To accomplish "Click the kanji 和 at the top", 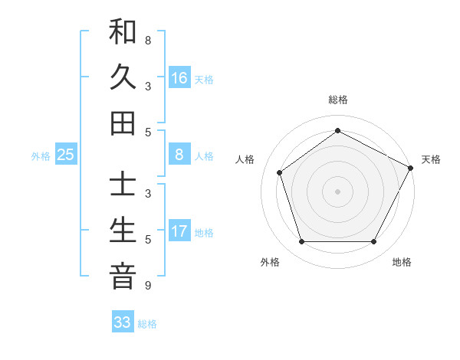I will [x=123, y=32].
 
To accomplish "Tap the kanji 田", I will [x=123, y=122].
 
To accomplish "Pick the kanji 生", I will [x=123, y=231].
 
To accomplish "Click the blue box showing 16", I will [x=179, y=77].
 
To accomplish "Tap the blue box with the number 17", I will [x=179, y=231].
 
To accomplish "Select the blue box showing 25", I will [x=65, y=155].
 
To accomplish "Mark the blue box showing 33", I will [x=123, y=322].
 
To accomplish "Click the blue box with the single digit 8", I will [x=179, y=155].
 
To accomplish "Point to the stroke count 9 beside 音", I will [x=147, y=286].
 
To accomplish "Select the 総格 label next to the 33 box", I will [x=147, y=324].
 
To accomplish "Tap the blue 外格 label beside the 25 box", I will [x=41, y=156].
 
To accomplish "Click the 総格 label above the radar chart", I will [x=337, y=100].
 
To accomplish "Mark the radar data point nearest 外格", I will [x=301, y=242].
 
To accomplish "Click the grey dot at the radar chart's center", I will [x=337, y=191].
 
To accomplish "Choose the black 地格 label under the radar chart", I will [x=402, y=263].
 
